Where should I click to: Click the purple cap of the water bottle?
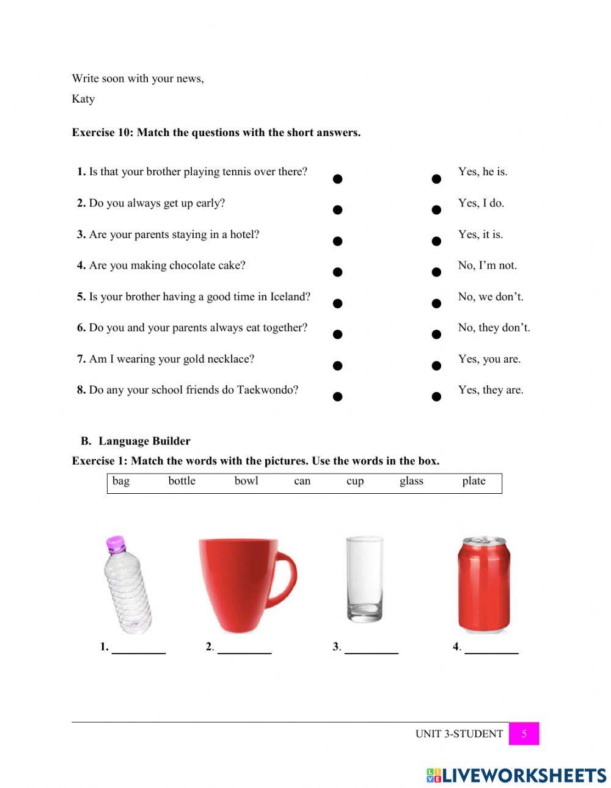point(115,543)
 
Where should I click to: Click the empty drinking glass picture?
point(364,579)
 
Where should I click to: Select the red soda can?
point(484,584)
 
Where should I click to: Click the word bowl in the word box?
point(246,481)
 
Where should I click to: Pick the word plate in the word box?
point(474,481)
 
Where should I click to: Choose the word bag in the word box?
point(121,481)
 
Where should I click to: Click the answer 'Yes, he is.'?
point(483,172)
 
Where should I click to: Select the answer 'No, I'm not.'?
point(487,266)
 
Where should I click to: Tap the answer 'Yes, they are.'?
point(491,390)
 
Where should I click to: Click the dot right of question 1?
point(337,179)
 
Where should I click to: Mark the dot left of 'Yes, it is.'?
point(436,241)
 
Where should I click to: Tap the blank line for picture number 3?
point(371,651)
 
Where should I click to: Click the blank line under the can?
point(491,651)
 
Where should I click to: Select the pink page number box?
point(524,734)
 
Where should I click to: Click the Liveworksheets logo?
point(516,775)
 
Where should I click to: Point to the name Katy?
point(83,99)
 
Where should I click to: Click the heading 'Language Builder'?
point(144,441)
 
